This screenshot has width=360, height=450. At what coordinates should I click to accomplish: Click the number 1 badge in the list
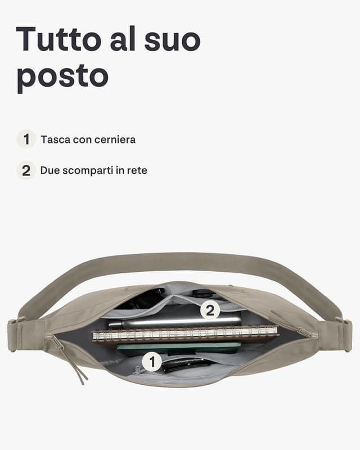click(x=26, y=139)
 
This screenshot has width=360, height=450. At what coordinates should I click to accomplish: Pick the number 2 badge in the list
click(x=26, y=170)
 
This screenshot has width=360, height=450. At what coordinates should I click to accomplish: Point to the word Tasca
click(x=55, y=139)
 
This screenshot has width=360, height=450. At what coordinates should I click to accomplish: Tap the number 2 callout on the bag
click(x=210, y=310)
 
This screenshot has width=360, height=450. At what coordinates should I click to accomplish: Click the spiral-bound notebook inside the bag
click(x=186, y=334)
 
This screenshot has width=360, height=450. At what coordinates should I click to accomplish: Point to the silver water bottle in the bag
click(x=174, y=322)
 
